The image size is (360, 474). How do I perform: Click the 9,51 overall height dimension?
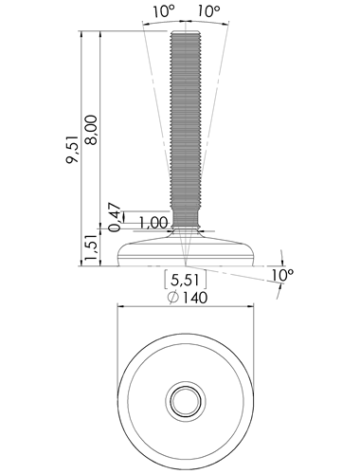pos(72,150)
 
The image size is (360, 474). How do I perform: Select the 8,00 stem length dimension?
pos(91,130)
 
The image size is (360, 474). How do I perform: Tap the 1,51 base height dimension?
pos(91,247)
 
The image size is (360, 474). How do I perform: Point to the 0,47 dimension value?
pos(115,217)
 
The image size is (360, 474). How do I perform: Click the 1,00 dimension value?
pos(153,223)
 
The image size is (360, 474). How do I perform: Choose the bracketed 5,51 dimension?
pos(185,280)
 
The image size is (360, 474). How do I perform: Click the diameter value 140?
pos(195,298)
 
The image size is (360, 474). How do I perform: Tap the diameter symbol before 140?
pos(173,298)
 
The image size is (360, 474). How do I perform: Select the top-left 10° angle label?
pos(164,12)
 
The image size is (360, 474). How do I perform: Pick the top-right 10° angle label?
pos(208,12)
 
